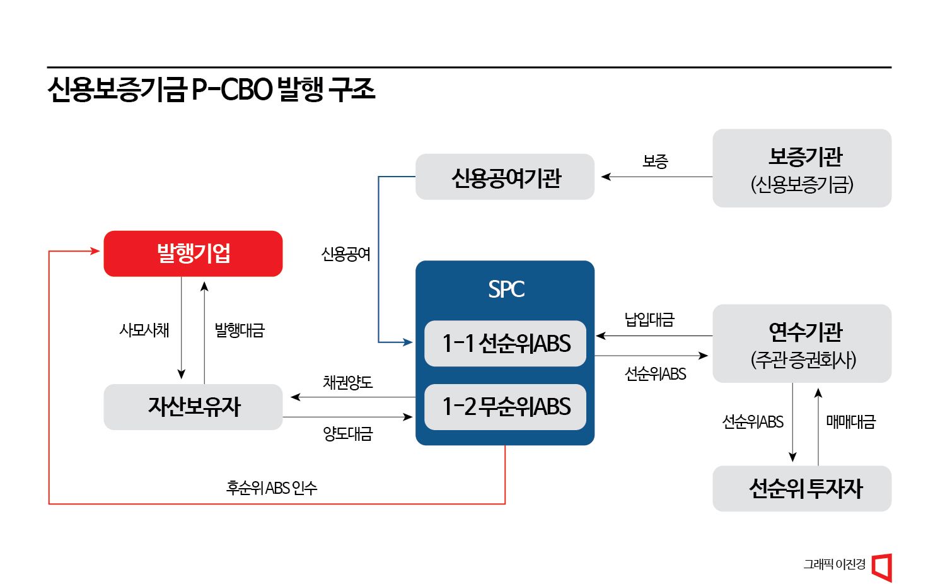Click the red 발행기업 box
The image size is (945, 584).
pyautogui.click(x=193, y=254)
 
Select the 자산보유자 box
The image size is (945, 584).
pyautogui.click(x=193, y=407)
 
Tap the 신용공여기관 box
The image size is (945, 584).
pyautogui.click(x=504, y=177)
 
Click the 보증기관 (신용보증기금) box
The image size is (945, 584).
pyautogui.click(x=801, y=168)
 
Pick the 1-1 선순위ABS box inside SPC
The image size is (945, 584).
pyautogui.click(x=505, y=344)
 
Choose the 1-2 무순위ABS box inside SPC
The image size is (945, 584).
pyautogui.click(x=505, y=407)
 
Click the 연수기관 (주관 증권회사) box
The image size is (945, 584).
pyautogui.click(x=801, y=344)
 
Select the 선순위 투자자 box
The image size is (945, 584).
pyautogui.click(x=801, y=488)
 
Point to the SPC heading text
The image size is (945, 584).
pyautogui.click(x=506, y=289)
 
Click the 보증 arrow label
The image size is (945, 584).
pyautogui.click(x=655, y=161)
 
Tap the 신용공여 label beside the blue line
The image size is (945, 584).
pyautogui.click(x=345, y=254)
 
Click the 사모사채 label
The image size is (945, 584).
pyautogui.click(x=144, y=330)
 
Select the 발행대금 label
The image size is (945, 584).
pyautogui.click(x=240, y=330)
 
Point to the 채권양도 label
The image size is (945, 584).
pyautogui.click(x=347, y=382)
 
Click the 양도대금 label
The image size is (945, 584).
pyautogui.click(x=347, y=434)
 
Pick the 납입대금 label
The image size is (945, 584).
pyautogui.click(x=649, y=320)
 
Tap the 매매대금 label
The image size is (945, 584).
pyautogui.click(x=850, y=422)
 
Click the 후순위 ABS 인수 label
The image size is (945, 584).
pyautogui.click(x=272, y=488)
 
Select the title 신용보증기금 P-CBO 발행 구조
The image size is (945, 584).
pyautogui.click(x=211, y=90)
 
